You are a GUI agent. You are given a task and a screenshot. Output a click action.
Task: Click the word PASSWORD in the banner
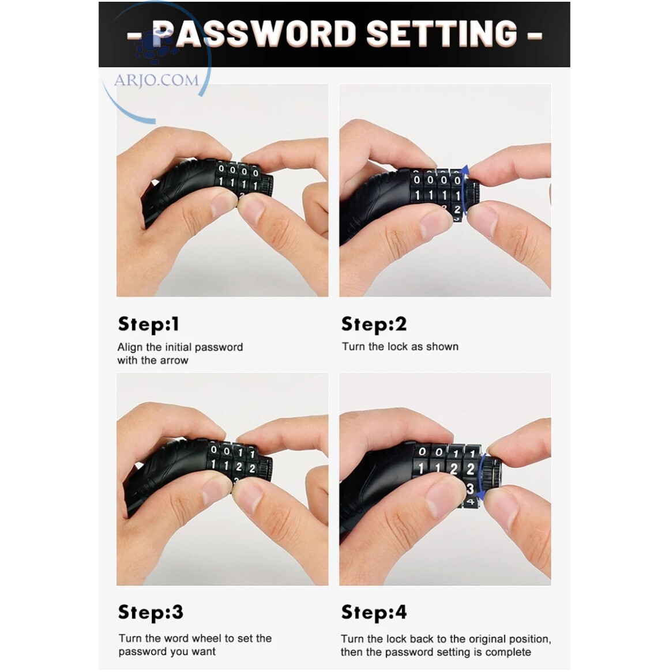click(254, 33)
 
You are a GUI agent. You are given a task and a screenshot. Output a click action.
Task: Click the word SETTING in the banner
click(442, 33)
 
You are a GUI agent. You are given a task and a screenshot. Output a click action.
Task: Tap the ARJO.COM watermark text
click(156, 80)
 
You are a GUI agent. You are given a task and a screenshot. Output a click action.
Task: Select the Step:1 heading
click(148, 324)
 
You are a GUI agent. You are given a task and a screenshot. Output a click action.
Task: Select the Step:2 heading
click(374, 324)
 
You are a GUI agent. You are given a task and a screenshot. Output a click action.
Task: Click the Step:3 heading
click(151, 613)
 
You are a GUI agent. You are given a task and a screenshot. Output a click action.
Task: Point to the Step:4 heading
click(374, 613)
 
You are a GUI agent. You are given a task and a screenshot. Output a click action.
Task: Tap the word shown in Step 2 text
click(441, 346)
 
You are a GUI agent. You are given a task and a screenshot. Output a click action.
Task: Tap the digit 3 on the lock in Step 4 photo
click(471, 489)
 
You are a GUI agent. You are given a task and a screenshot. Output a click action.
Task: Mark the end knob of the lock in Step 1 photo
click(267, 186)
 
